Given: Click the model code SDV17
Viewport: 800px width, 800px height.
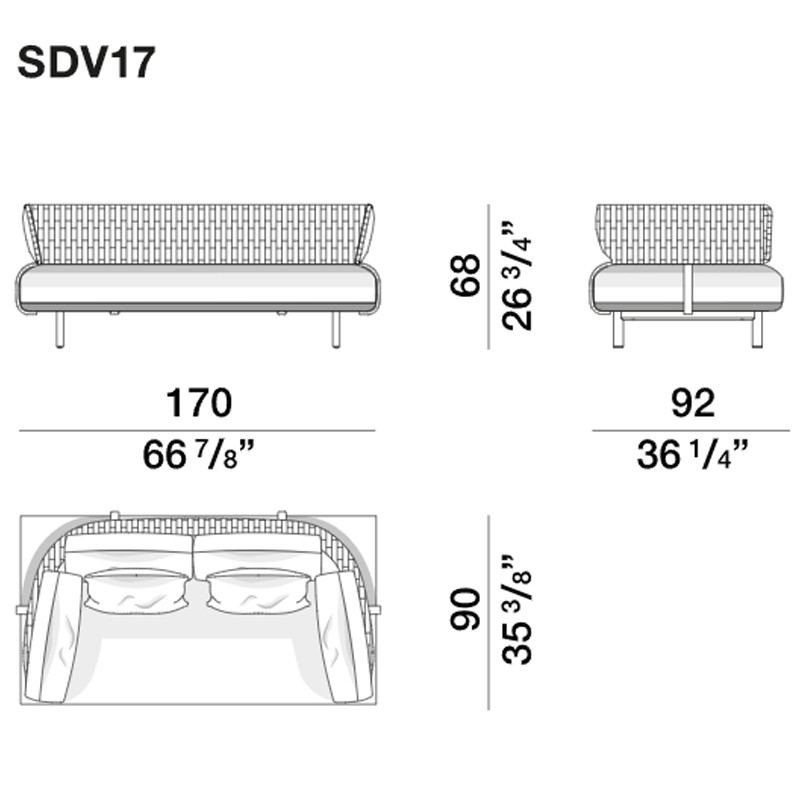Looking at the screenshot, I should coord(86,62).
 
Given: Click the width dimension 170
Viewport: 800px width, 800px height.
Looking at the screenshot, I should coord(197,403).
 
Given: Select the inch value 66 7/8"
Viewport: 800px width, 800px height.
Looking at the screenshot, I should coord(197,456).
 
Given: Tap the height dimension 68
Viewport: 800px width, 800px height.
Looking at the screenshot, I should coord(466,275).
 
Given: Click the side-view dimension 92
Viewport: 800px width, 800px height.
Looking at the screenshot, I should coord(690,403).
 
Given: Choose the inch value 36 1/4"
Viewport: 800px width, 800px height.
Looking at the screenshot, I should coord(690,456).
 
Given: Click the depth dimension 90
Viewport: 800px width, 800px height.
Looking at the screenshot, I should coord(466,610).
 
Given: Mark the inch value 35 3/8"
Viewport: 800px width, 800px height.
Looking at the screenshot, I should coord(517,610).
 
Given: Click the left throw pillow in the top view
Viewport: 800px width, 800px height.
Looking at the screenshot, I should coord(136,589).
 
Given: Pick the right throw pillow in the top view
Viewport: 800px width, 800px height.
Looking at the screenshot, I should coord(260,589).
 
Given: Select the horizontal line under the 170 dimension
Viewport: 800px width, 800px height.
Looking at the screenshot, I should coord(197,430).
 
